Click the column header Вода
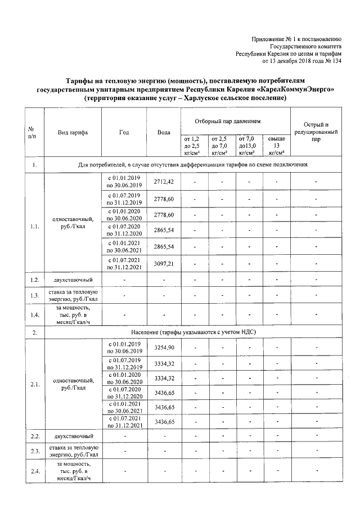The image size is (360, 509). pos(164,132)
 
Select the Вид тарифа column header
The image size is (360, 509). pos(73,132)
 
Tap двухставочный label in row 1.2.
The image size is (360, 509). pos(73,280)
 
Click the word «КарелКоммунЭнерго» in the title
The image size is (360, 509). pos(305,89)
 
